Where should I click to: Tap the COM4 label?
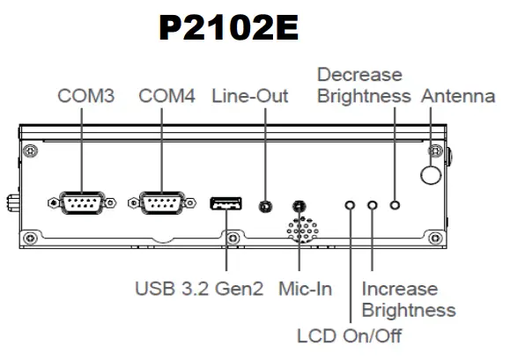(166, 96)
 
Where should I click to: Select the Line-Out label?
(250, 96)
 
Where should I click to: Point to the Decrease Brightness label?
(363, 85)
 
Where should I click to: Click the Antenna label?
(458, 96)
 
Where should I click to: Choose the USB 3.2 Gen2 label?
(199, 288)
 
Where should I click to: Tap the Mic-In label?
(305, 288)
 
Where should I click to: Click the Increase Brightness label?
(409, 299)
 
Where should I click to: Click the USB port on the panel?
(226, 204)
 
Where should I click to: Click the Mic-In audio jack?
(299, 207)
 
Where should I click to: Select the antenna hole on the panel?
(430, 174)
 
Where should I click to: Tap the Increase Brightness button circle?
(373, 205)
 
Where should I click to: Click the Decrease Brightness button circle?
(395, 205)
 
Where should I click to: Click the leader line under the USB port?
(226, 242)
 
